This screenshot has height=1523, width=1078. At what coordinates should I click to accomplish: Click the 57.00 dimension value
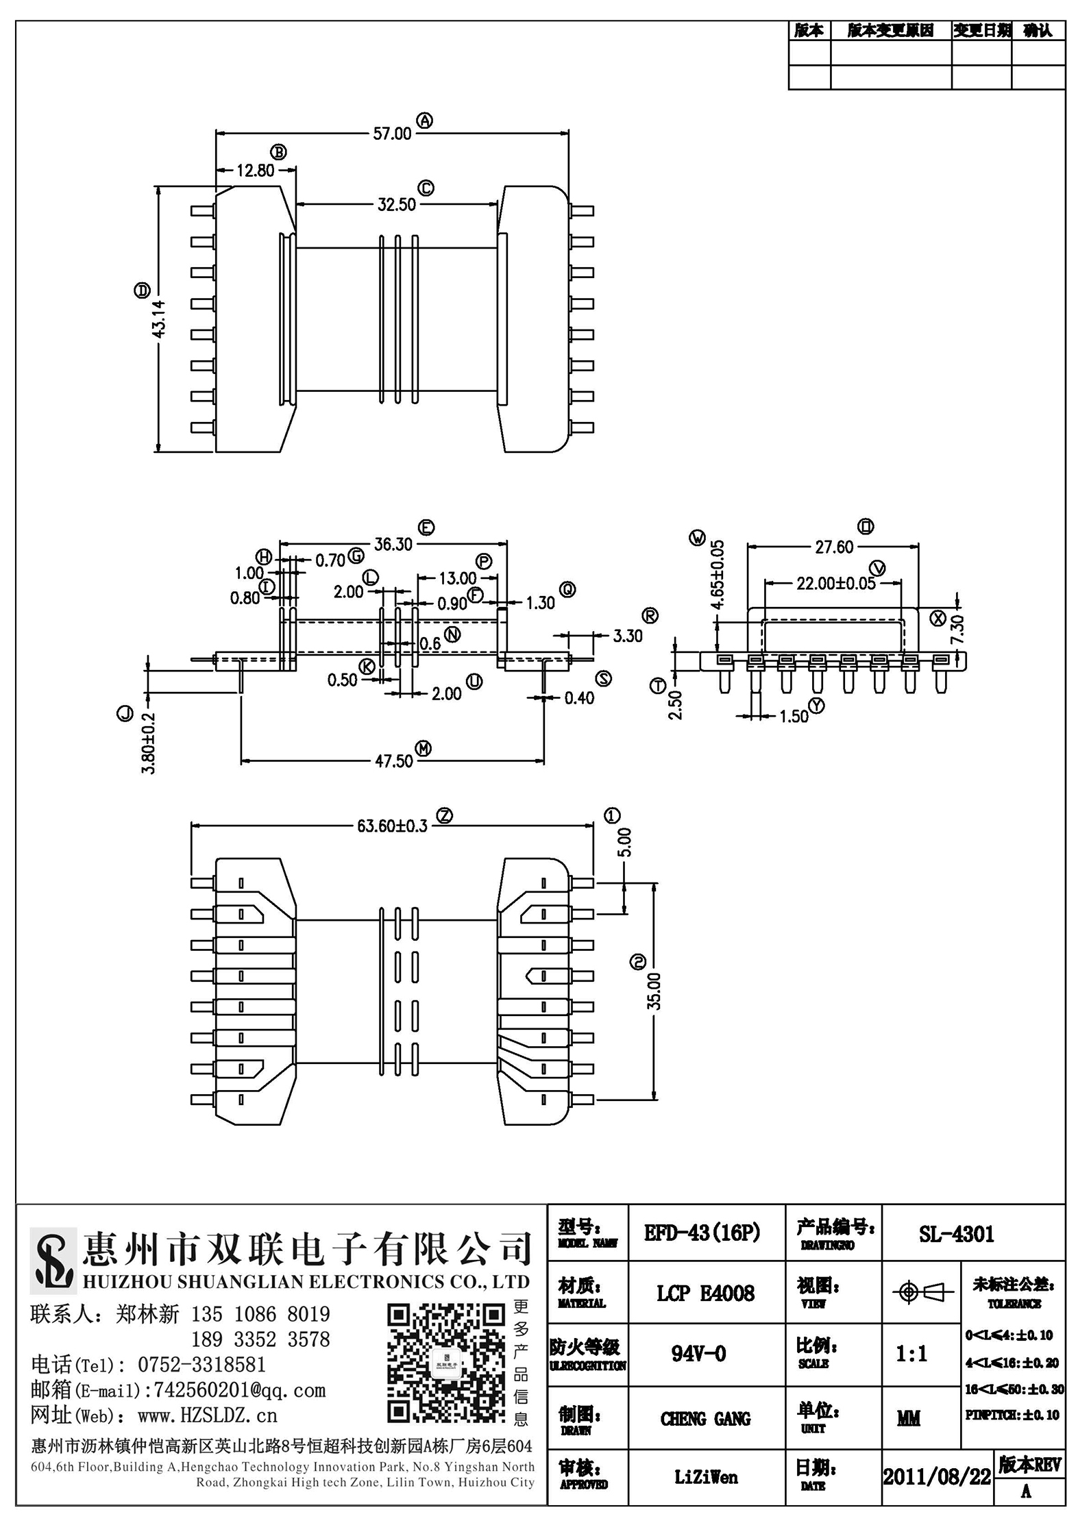point(392,134)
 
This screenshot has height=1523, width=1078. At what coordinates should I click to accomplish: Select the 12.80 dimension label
point(255,170)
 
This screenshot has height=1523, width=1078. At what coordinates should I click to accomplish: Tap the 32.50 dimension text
point(397,204)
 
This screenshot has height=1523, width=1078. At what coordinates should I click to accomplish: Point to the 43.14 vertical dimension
point(158,319)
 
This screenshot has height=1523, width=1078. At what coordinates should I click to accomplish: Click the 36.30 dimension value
point(393,544)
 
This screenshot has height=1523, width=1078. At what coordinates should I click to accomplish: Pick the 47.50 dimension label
point(393,761)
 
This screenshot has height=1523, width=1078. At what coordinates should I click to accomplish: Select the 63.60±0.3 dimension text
point(392,826)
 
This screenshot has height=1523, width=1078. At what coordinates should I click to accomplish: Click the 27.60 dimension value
point(834,547)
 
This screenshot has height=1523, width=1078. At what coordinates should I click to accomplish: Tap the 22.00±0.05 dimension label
point(836,583)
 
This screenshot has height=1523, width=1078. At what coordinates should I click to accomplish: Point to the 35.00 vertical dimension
point(655,991)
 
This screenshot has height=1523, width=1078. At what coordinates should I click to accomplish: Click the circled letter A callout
point(425,121)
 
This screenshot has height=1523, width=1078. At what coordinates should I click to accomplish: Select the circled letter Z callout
point(445,816)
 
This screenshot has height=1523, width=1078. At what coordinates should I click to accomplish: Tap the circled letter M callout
point(424,748)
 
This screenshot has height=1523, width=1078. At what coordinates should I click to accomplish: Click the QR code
point(446,1362)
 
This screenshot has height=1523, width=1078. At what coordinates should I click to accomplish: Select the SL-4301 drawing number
point(957,1235)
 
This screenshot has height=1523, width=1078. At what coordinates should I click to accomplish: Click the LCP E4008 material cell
point(706,1293)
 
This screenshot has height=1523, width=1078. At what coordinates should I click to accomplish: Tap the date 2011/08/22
point(937,1477)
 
